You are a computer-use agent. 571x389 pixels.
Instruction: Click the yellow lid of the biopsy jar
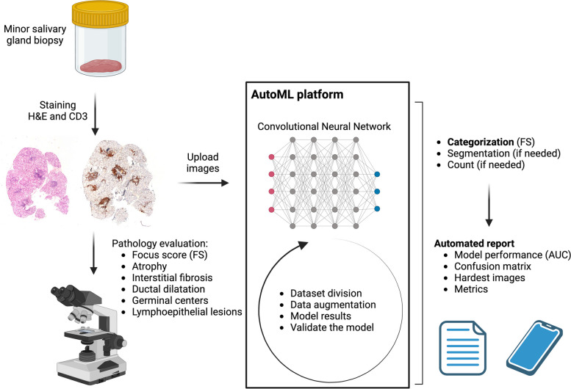tap(100, 13)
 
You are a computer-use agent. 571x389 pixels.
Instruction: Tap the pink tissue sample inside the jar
tap(101, 66)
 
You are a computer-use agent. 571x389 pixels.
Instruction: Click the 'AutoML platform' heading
tap(297, 95)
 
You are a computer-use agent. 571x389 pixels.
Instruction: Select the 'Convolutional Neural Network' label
tap(324, 126)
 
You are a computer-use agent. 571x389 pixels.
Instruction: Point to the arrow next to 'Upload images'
tap(204, 183)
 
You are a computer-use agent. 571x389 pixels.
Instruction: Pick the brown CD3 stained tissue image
tap(118, 183)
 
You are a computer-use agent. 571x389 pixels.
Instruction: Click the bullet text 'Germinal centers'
tap(170, 300)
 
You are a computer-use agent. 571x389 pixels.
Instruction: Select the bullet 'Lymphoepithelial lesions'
tap(187, 312)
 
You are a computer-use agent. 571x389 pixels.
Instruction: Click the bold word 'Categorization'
tap(481, 142)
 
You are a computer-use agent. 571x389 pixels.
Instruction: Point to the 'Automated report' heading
tap(474, 243)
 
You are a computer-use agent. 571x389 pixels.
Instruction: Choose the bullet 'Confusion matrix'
tap(492, 266)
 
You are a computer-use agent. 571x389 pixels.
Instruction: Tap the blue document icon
tap(462, 348)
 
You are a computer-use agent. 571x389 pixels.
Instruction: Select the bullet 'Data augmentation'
tap(333, 305)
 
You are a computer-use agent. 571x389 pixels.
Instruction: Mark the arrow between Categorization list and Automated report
tap(489, 206)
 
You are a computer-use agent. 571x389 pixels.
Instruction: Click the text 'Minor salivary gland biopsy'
tap(35, 34)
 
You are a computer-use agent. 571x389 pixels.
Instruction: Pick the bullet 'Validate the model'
tap(331, 327)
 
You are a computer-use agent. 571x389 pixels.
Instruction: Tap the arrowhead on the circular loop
tap(303, 244)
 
